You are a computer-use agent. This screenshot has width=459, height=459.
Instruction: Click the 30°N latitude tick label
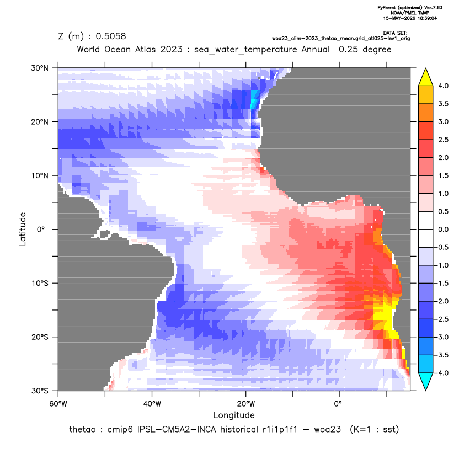pos(40,68)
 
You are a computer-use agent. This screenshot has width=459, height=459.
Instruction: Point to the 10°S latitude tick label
pos(40,284)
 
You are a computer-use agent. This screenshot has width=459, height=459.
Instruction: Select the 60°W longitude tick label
pos(58,404)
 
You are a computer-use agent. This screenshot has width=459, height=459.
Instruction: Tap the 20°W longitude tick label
pos(246,404)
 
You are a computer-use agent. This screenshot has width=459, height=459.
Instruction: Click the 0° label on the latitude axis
pos(41,229)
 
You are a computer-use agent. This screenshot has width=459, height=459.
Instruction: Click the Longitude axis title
pos(234,415)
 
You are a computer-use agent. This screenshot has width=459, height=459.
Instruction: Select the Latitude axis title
pos(23,229)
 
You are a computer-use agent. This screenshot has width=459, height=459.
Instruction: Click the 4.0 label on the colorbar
pos(443,86)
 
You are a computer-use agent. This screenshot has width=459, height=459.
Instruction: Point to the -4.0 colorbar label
pos(442,373)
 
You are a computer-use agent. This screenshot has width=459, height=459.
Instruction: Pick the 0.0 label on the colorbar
pos(443,229)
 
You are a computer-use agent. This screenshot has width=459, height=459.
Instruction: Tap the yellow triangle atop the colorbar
pos(426,78)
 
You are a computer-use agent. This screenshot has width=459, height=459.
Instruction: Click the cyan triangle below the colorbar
pos(426,381)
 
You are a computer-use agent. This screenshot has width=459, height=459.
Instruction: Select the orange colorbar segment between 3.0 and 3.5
pos(426,113)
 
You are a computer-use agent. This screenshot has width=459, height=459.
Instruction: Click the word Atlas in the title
pos(145,49)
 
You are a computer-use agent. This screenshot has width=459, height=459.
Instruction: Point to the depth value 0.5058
pos(111,36)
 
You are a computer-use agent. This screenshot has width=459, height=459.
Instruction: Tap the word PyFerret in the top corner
pos(387,8)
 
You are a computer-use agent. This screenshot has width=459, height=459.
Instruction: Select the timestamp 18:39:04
pos(427,18)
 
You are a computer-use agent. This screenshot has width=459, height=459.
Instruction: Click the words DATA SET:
pos(395,33)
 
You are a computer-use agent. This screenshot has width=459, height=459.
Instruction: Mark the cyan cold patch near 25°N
pos(255,99)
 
